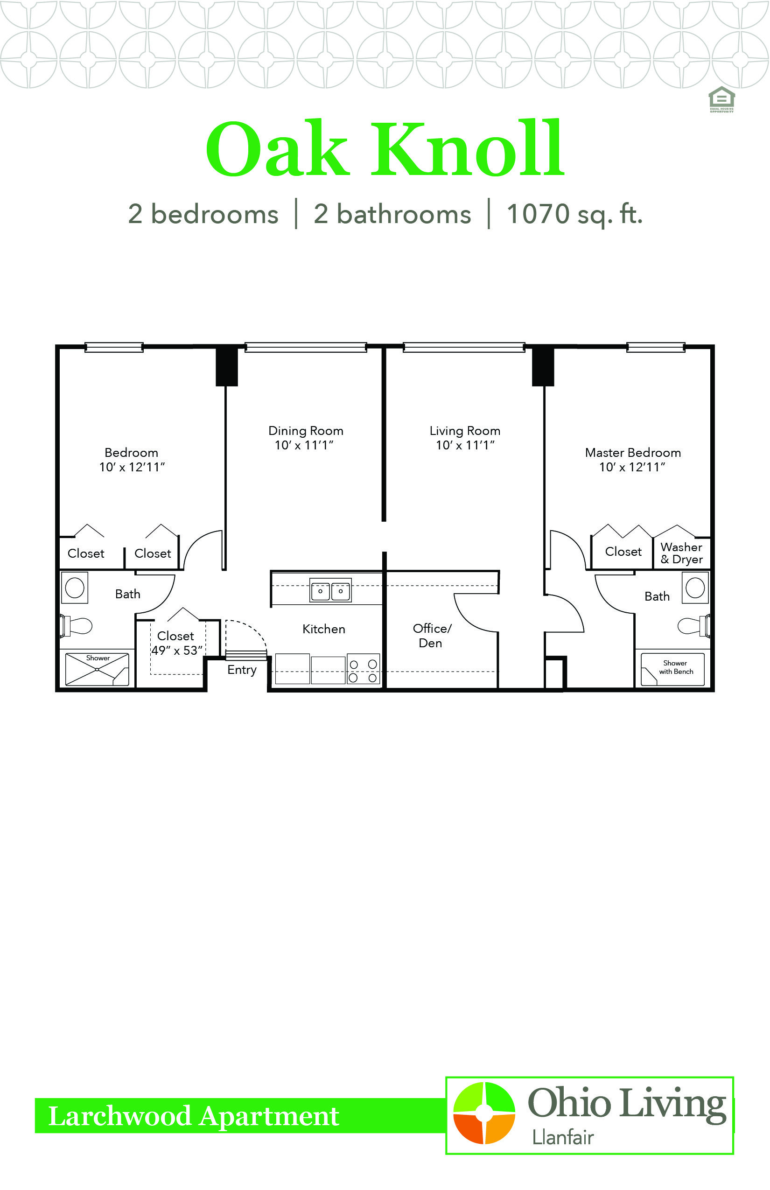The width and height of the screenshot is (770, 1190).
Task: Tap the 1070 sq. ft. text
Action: [574, 215]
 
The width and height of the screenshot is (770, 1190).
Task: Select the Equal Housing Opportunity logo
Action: [721, 99]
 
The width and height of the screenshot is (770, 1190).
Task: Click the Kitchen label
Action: [323, 629]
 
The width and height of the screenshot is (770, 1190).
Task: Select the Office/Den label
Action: [432, 636]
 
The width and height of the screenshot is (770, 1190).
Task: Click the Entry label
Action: [242, 670]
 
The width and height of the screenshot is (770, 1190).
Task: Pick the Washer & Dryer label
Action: [681, 553]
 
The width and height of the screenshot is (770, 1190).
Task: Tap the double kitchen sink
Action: [330, 590]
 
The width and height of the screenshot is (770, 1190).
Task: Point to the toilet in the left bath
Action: [77, 626]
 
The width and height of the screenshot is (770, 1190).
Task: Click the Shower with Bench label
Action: [676, 667]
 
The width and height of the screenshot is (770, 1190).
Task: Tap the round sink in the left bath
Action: [75, 588]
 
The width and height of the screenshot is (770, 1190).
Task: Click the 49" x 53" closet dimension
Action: [177, 651]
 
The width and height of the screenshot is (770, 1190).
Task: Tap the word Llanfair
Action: [562, 1138]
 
